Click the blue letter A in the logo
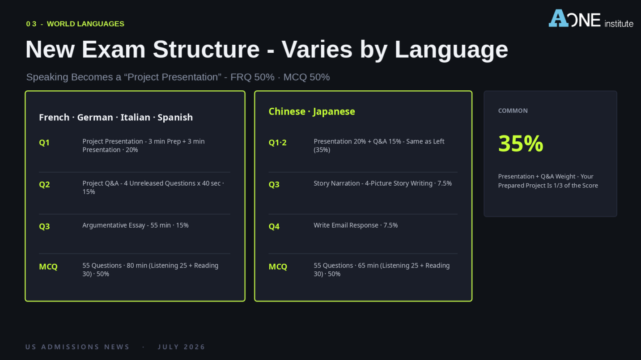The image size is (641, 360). point(558,18)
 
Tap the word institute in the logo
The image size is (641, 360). point(619,23)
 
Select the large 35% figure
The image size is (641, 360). point(521,144)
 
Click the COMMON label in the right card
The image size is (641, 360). point(513,111)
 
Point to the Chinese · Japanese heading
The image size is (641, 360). point(312,111)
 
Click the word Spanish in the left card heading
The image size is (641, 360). point(175,117)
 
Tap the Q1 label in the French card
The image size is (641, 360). point(44,143)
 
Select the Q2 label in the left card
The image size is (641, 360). point(44,185)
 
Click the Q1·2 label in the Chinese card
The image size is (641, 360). point(278,143)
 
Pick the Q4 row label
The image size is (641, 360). point(274,227)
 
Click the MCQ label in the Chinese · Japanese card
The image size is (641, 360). point(278,267)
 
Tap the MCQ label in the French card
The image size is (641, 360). point(48,267)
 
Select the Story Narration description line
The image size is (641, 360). point(382,183)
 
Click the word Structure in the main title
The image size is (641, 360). point(206,50)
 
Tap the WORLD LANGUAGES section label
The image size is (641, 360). point(85,24)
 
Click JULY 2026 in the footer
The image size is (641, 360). point(182,347)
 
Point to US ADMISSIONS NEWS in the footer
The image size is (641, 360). point(77,347)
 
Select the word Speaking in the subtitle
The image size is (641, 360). point(47,77)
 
